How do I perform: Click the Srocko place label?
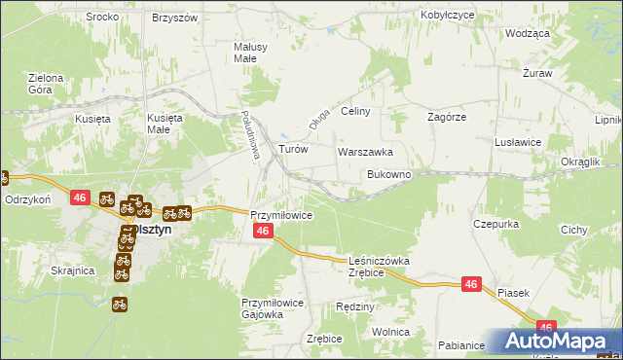click(x=102, y=18)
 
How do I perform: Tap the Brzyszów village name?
click(x=175, y=18)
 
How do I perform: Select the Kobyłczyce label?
click(x=447, y=16)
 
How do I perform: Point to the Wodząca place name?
click(x=528, y=32)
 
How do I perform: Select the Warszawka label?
click(x=365, y=152)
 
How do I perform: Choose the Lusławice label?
click(x=518, y=142)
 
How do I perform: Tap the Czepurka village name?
click(x=495, y=224)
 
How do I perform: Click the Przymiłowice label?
click(x=280, y=215)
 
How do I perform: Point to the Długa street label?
click(x=314, y=120)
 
